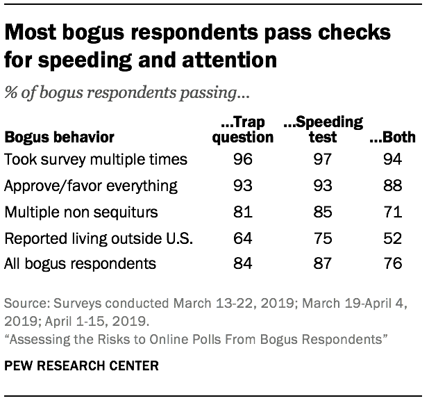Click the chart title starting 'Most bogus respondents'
click(x=197, y=46)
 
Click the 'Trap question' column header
click(x=242, y=130)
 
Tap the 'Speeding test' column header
click(x=323, y=130)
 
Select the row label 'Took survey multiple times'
click(x=96, y=159)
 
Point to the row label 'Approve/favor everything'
click(x=91, y=186)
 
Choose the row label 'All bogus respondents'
click(x=79, y=264)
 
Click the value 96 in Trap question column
click(x=242, y=159)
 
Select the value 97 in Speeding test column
click(x=323, y=159)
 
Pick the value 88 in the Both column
click(x=392, y=186)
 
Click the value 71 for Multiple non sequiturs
click(x=392, y=212)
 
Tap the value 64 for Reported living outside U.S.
click(x=242, y=238)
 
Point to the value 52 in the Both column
click(x=392, y=238)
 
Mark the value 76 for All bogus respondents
click(x=392, y=264)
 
